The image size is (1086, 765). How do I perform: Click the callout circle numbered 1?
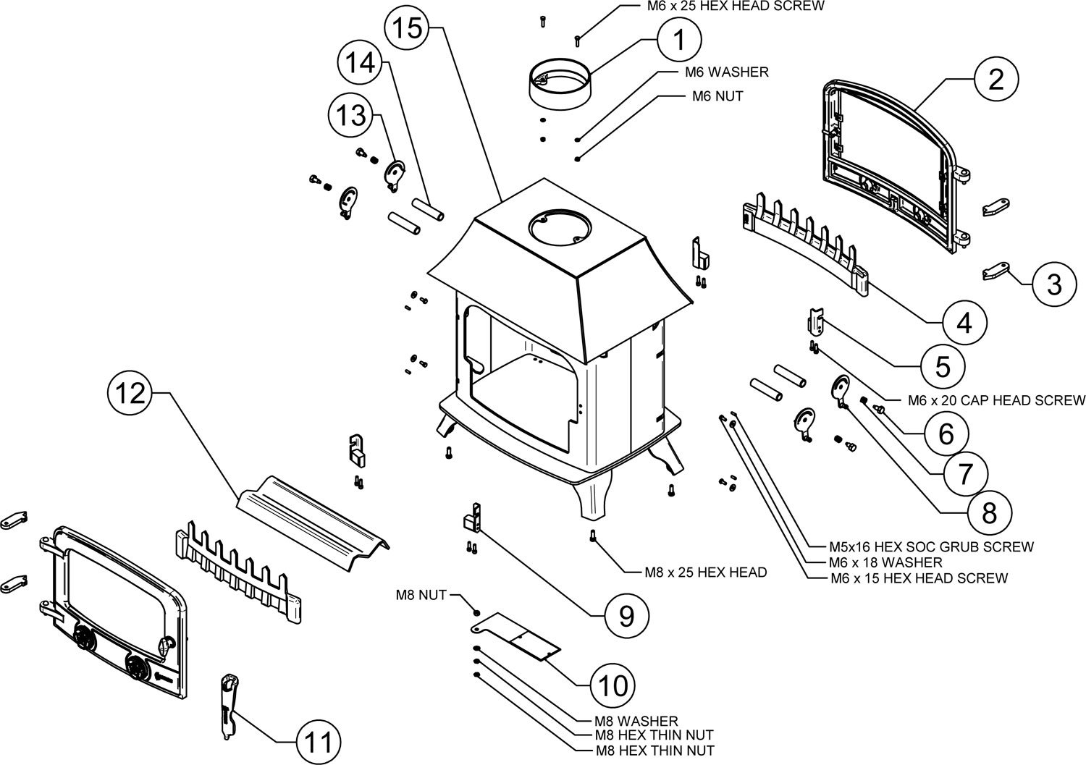(679, 40)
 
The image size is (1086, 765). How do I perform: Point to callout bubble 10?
(613, 685)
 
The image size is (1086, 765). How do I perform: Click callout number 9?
(626, 615)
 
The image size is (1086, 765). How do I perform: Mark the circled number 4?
(964, 322)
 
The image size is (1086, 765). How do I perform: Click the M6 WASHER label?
(726, 72)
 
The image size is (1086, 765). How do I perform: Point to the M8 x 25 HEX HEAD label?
(705, 572)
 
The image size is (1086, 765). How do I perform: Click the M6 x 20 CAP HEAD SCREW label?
(996, 400)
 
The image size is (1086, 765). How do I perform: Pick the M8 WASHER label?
(636, 721)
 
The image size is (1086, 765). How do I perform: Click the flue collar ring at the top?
(560, 84)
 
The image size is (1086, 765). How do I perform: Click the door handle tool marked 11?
(230, 706)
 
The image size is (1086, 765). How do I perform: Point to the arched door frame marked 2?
(894, 163)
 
